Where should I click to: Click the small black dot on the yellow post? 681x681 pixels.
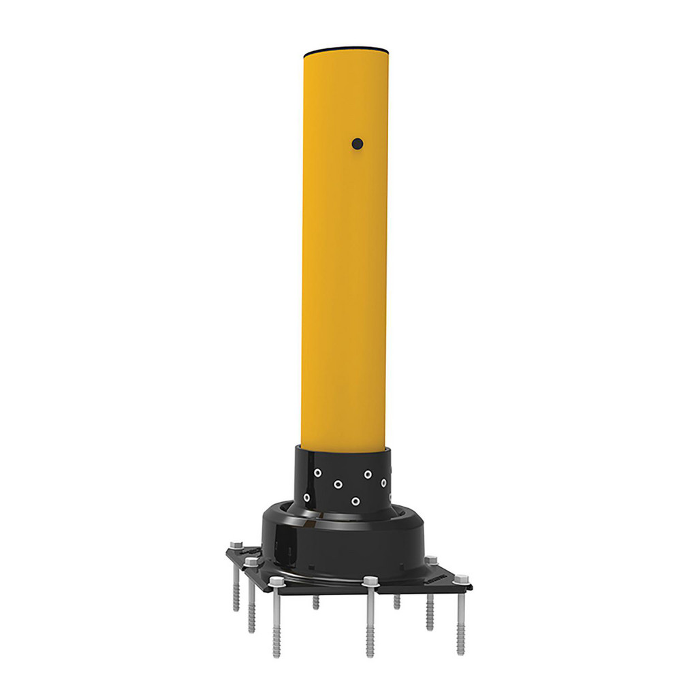[x=357, y=144]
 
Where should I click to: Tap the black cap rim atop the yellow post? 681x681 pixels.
[x=345, y=49]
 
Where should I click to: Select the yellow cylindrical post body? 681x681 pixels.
[x=345, y=272]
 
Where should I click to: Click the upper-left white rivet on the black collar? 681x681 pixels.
[x=317, y=473]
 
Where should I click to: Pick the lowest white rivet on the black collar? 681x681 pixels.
[x=355, y=502]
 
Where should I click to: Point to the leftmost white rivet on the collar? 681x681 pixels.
[x=306, y=497]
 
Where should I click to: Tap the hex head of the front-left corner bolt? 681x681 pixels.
[x=276, y=582]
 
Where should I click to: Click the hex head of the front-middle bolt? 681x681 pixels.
[x=370, y=582]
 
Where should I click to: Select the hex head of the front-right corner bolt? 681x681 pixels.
[x=460, y=580]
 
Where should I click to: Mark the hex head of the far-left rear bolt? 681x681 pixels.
[x=236, y=545]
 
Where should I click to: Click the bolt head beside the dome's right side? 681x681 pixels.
[x=430, y=560]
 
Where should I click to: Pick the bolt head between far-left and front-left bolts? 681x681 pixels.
[x=252, y=563]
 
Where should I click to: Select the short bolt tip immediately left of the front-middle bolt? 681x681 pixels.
[x=316, y=602]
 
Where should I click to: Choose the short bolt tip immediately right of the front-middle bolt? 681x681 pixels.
[x=397, y=601]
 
